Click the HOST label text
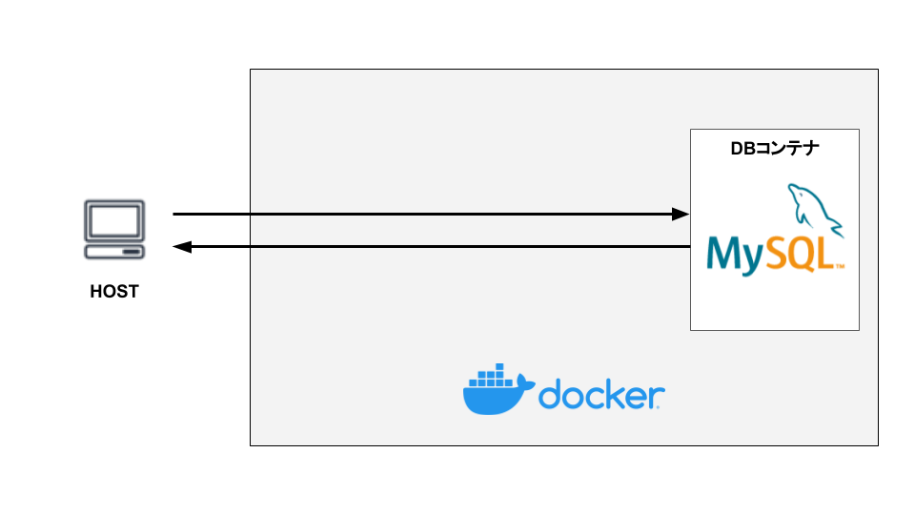114,292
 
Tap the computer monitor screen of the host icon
114,221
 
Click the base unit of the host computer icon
114,251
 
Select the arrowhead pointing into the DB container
681,215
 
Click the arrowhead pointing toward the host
181,247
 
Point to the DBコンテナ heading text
775,149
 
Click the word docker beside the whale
600,395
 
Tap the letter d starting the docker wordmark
552,394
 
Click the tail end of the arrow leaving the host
174,215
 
